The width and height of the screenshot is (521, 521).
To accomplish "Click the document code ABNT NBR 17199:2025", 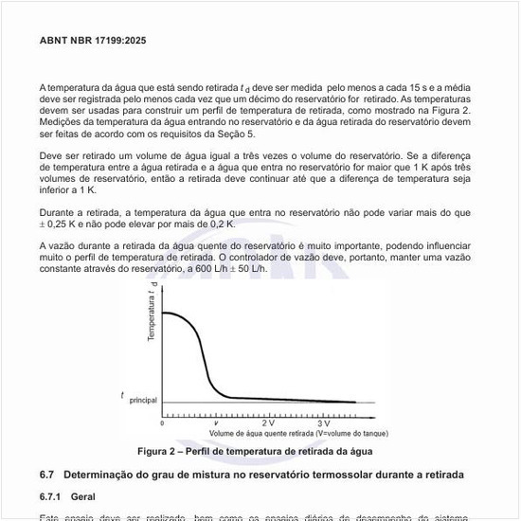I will [x=93, y=41].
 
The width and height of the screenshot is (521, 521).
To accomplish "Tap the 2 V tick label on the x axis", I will [x=269, y=422].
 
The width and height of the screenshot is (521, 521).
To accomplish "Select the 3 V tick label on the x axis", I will [x=323, y=422].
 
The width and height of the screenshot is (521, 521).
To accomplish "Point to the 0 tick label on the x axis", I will [x=162, y=422].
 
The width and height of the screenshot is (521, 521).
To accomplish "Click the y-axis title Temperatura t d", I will [x=152, y=319].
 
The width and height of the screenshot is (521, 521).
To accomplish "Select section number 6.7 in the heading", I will [x=48, y=473].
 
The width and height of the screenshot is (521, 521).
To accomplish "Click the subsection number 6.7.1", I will [x=52, y=495].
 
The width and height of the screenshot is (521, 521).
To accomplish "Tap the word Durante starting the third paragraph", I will [x=60, y=212].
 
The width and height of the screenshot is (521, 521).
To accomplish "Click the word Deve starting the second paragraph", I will [x=53, y=154].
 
